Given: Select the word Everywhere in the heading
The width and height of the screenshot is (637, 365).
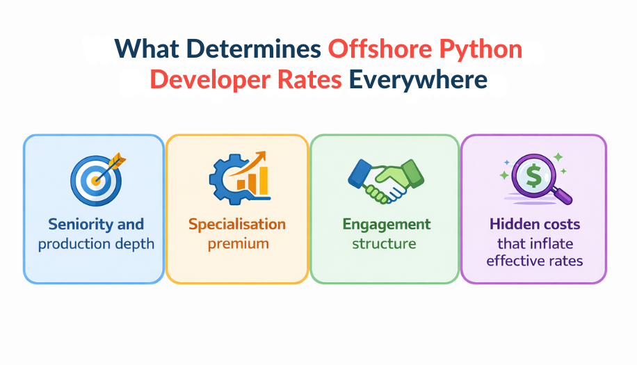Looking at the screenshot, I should [x=418, y=79].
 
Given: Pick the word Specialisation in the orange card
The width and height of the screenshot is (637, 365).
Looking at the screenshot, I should [x=236, y=225].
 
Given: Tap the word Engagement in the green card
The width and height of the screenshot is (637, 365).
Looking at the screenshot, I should [x=386, y=225].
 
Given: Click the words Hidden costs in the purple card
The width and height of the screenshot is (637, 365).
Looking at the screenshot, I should [x=534, y=225].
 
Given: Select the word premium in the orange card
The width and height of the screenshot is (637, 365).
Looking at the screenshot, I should [x=236, y=243].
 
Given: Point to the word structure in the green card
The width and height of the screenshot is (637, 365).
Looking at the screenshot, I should [x=384, y=243].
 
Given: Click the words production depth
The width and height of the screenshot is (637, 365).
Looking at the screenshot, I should [x=96, y=243].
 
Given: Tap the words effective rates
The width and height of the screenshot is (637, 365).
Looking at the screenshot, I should [x=534, y=261].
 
